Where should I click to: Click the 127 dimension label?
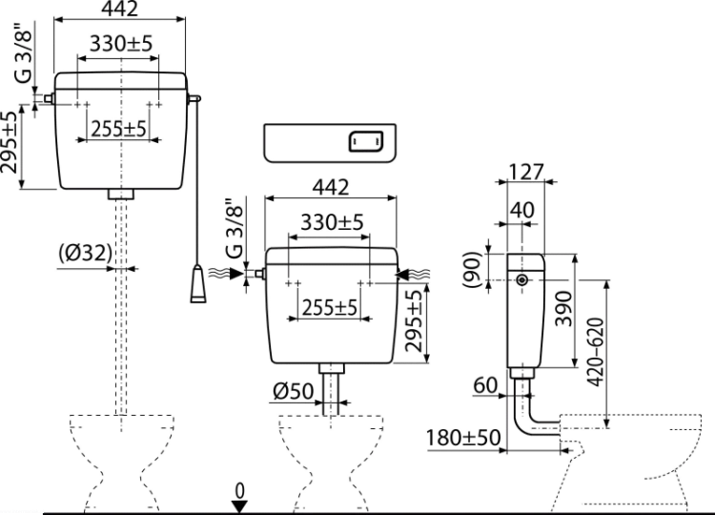(525, 172)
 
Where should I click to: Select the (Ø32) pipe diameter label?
(85, 253)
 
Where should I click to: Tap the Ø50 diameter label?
(294, 391)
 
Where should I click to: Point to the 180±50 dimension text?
(463, 438)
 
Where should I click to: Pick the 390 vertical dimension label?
(564, 309)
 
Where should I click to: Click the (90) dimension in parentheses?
(472, 269)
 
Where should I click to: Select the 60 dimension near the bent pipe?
(485, 385)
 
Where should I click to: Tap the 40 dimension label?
(521, 210)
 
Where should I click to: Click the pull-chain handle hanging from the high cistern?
(198, 283)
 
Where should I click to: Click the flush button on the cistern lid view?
(366, 141)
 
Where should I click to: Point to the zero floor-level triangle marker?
(239, 506)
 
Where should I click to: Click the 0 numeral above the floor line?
(239, 491)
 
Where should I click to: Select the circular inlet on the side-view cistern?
(522, 280)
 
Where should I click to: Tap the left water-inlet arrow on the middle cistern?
(227, 274)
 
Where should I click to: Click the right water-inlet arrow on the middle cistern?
(413, 274)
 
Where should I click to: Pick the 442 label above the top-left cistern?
(119, 9)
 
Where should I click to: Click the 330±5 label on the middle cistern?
(332, 222)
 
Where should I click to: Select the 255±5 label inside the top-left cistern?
(118, 129)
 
